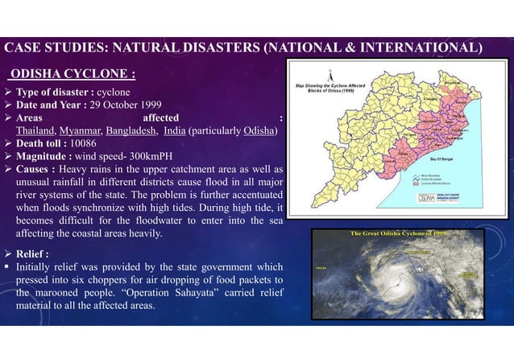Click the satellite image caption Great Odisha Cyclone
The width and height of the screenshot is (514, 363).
398,233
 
